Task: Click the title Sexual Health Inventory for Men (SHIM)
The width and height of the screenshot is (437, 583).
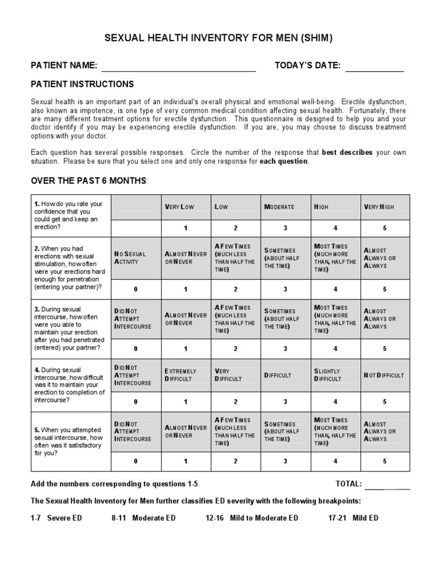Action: coord(218,38)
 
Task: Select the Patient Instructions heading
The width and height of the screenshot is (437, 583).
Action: coord(83,84)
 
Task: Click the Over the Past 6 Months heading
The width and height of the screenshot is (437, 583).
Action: coord(89,180)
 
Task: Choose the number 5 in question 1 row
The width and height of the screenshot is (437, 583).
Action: coord(385,228)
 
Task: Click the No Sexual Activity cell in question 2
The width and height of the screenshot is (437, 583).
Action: coord(135,258)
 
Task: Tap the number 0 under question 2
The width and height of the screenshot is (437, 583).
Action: coord(135,289)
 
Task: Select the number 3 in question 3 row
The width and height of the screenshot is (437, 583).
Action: coord(285,348)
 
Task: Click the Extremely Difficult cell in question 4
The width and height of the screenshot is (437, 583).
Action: coord(185,375)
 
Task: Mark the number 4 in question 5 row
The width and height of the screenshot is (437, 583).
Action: coord(335,461)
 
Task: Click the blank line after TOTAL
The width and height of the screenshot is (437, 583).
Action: coord(387,485)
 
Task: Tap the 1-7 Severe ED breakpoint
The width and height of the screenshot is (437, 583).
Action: coord(56,518)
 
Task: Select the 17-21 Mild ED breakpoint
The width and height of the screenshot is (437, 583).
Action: coord(353,518)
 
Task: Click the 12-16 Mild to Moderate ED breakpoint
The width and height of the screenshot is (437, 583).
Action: coord(252,518)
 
